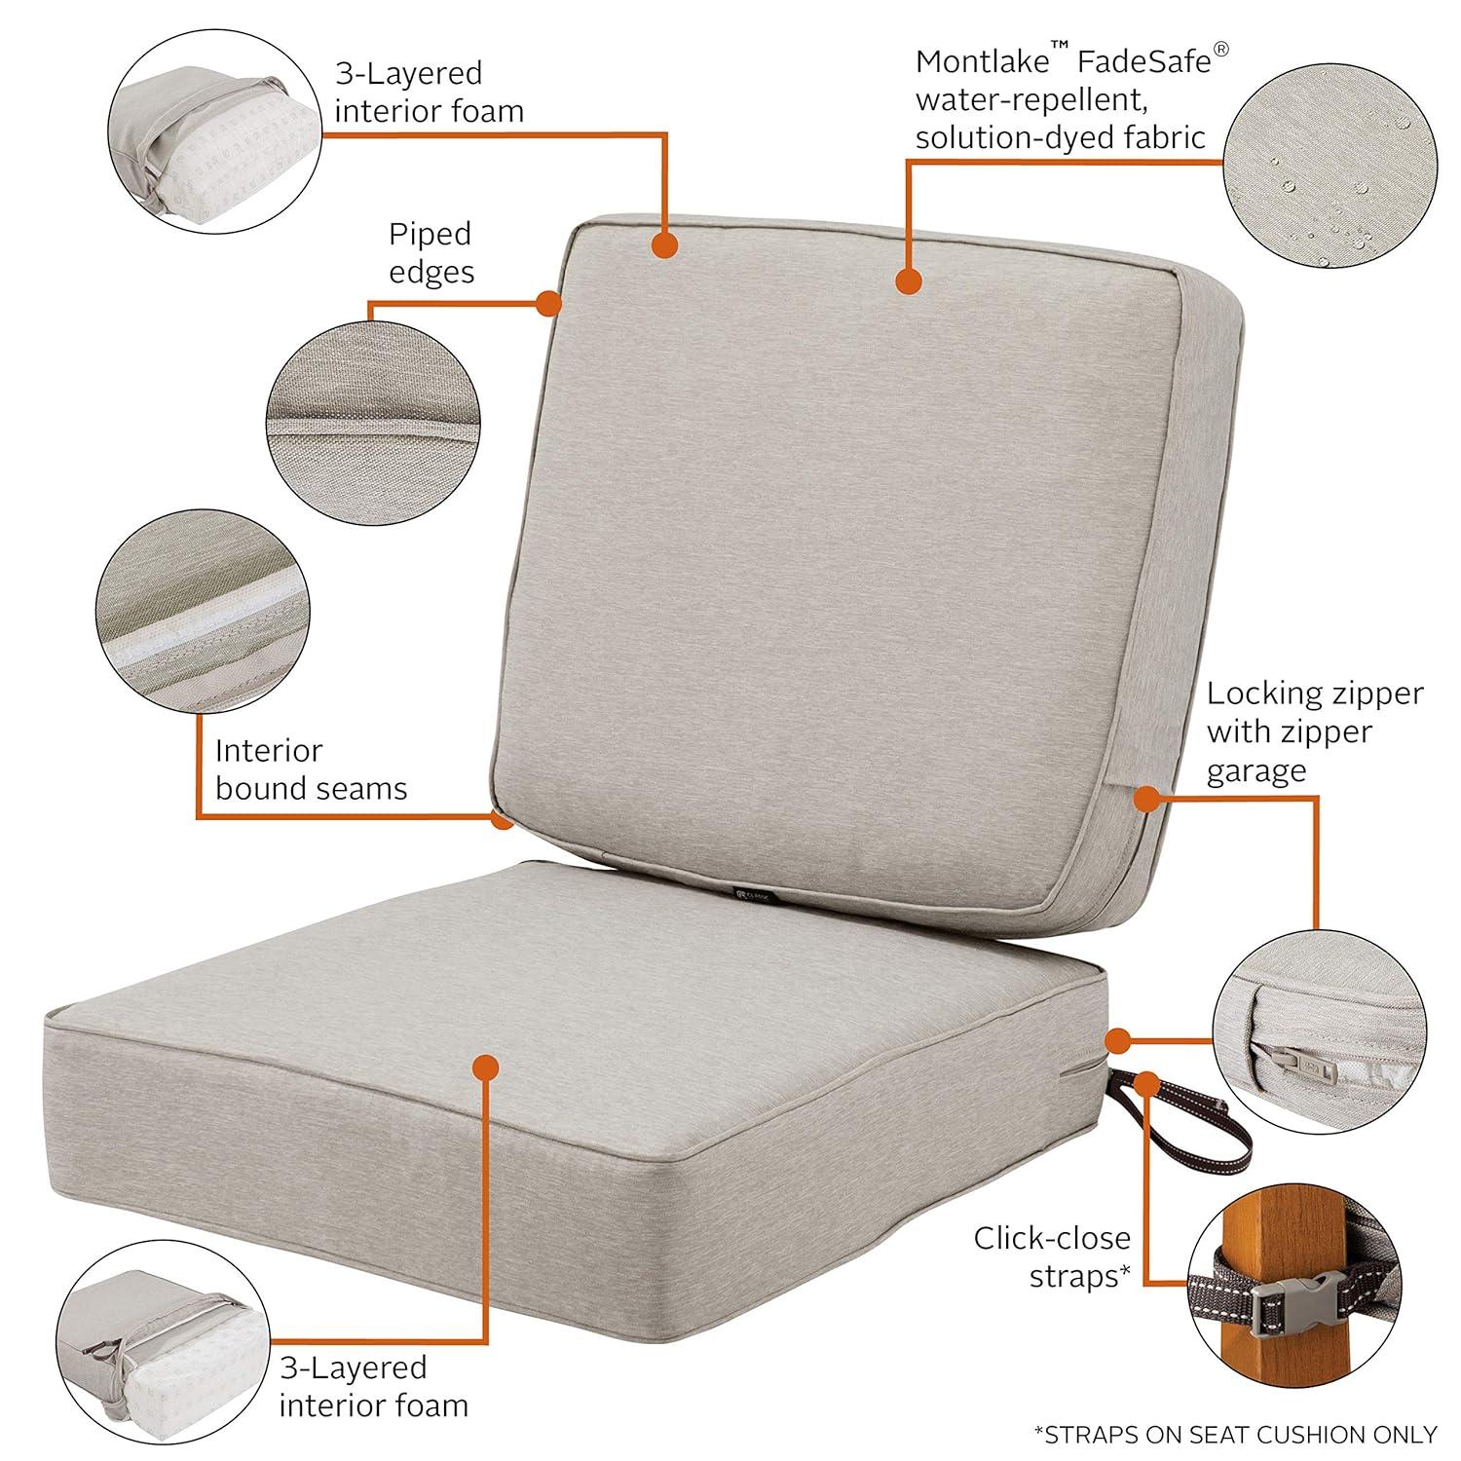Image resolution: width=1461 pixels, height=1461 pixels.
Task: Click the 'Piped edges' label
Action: pos(431,252)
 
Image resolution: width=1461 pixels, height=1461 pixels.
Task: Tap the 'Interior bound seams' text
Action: pos(311,768)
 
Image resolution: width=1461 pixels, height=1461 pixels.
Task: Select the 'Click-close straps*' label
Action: pos(1052,1256)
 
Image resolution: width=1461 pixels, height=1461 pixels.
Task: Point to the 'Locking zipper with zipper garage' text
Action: pos(1314,731)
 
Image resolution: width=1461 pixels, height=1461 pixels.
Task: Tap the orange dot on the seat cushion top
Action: pos(484,1066)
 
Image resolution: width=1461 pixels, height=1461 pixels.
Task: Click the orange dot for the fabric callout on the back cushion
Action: pos(908,281)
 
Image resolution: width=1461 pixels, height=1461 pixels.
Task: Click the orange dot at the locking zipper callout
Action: pos(1146,797)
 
